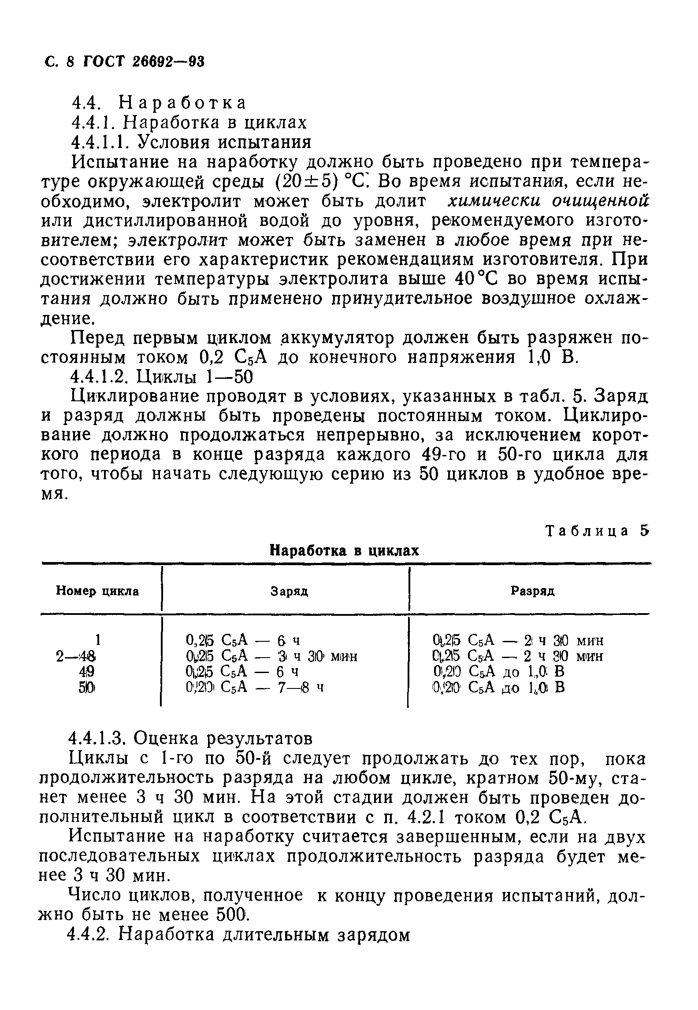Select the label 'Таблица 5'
pos(598,531)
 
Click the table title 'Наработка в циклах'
pos(344,551)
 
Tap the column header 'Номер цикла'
pos(97,591)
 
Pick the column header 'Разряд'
pos(533,591)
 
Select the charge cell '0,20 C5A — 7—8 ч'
pos(255,687)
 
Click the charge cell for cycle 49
pos(243,672)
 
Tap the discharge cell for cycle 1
pos(517,640)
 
